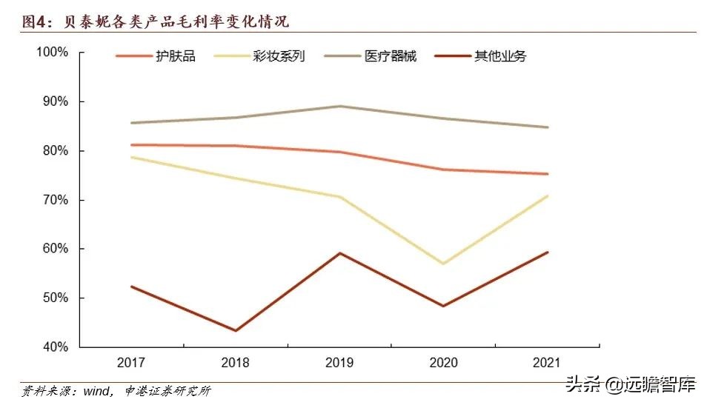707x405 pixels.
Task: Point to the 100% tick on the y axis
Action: click(x=53, y=53)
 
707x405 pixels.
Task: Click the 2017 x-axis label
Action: click(x=130, y=362)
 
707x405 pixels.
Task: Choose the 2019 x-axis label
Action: click(x=340, y=362)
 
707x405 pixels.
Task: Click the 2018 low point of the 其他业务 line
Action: click(x=236, y=330)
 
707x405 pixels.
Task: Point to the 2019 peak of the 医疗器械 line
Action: click(x=340, y=106)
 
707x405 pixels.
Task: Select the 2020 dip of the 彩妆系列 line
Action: click(x=444, y=264)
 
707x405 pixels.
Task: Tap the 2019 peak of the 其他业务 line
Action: click(x=340, y=253)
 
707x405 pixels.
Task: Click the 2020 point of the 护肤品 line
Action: click(x=444, y=170)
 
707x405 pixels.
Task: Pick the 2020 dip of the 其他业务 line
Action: click(x=444, y=306)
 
